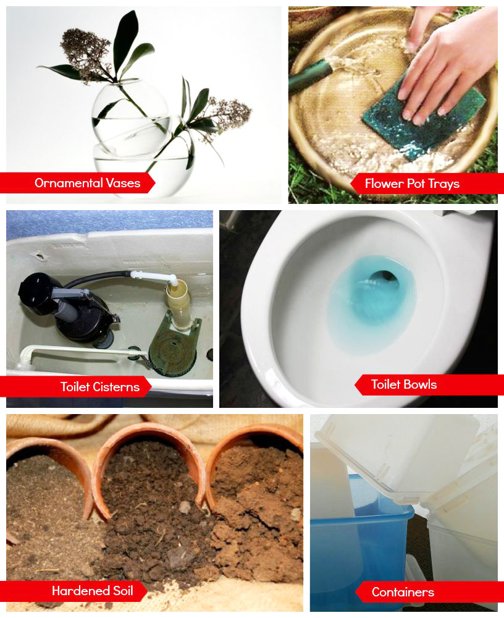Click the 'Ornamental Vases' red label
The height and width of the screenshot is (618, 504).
[x=77, y=183]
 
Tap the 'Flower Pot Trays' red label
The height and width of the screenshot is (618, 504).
[x=427, y=184]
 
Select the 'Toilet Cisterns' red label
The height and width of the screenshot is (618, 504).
[x=75, y=387]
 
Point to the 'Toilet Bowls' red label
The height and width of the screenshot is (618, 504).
[x=429, y=384]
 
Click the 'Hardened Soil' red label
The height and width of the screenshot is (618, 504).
[x=73, y=591]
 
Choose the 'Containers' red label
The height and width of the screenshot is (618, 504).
[x=429, y=592]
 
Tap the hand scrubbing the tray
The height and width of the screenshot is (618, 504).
[x=447, y=63]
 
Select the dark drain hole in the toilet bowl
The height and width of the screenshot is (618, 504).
[x=383, y=281]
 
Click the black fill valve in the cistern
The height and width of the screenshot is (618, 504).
[x=65, y=307]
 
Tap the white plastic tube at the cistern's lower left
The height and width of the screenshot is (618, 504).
[x=79, y=352]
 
